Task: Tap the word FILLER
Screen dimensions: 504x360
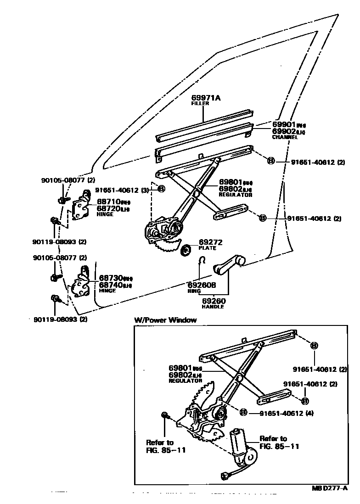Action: coord(200,104)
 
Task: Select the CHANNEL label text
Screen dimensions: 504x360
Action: coord(285,137)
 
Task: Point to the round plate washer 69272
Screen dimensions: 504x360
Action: coord(186,250)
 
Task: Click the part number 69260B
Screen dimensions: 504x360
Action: coord(202,285)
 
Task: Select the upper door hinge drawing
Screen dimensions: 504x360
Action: coord(82,205)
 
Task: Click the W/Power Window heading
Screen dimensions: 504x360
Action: coord(165,320)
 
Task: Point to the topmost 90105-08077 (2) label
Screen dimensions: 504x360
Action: coord(67,180)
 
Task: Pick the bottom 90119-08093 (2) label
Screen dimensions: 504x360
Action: coord(60,319)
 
